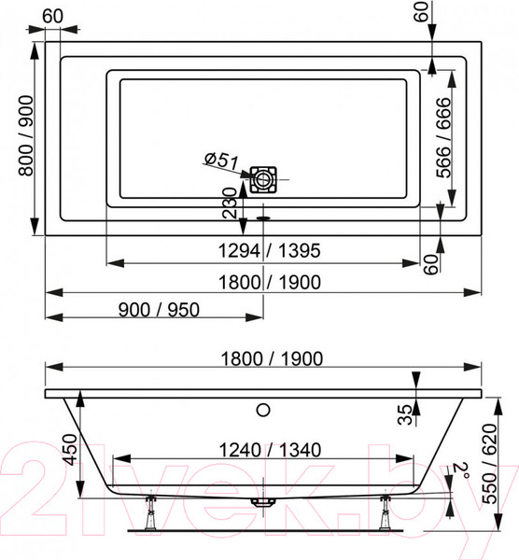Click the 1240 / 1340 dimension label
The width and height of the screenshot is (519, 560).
point(263,449)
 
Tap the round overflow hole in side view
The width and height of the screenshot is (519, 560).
point(263,409)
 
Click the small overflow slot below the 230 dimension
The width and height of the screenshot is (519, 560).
point(263,221)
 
